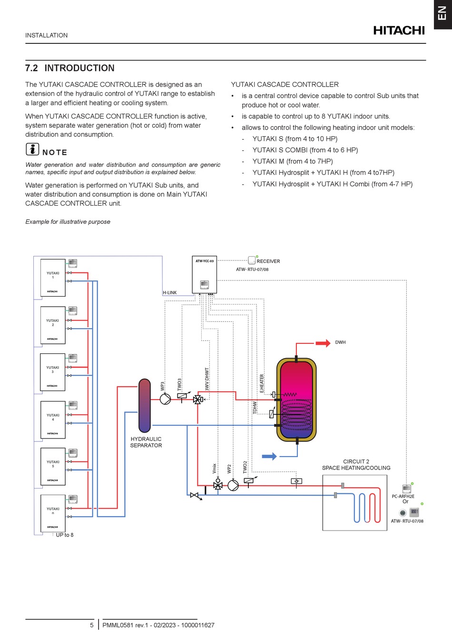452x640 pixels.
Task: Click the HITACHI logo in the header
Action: click(399, 30)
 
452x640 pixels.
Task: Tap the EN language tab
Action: click(442, 13)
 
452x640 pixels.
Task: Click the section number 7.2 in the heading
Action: click(31, 68)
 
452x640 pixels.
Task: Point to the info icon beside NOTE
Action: click(32, 149)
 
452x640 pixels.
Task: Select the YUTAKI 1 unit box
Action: click(53, 278)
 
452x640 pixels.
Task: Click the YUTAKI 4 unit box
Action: click(53, 420)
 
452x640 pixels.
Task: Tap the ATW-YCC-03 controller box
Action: click(204, 276)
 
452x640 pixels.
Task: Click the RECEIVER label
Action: click(268, 261)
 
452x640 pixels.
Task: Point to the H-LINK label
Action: click(170, 293)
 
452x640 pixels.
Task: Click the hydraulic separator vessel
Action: click(145, 405)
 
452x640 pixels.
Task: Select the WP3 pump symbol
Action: click(165, 399)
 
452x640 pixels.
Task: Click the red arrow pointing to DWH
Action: click(323, 343)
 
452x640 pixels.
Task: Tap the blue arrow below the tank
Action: click(269, 456)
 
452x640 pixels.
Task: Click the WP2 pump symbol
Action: click(233, 485)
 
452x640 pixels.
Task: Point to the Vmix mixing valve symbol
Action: click(218, 485)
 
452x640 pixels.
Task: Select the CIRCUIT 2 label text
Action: click(356, 461)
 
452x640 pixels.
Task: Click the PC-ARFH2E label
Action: click(403, 496)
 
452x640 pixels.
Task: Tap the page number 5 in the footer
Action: click(92, 625)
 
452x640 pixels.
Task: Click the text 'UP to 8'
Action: click(65, 535)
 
